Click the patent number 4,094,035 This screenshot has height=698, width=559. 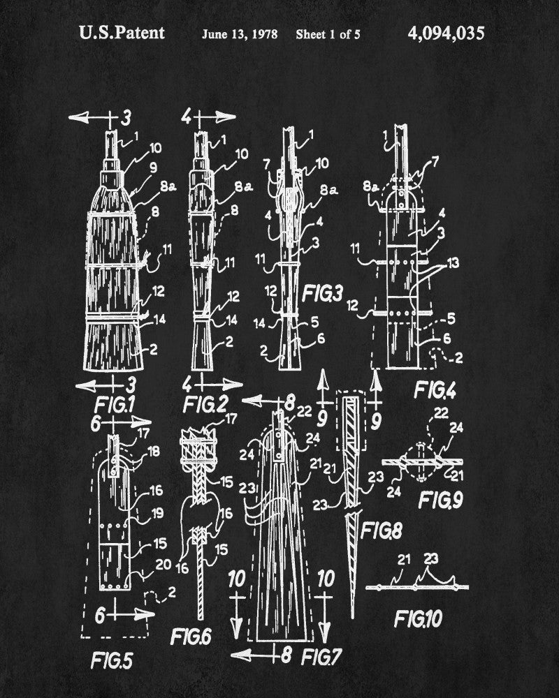pyautogui.click(x=444, y=34)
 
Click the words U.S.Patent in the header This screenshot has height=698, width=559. pyautogui.click(x=122, y=33)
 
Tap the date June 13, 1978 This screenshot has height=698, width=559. pyautogui.click(x=240, y=34)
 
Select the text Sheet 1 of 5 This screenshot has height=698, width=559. pyautogui.click(x=328, y=34)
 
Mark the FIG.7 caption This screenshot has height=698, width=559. pyautogui.click(x=321, y=656)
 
